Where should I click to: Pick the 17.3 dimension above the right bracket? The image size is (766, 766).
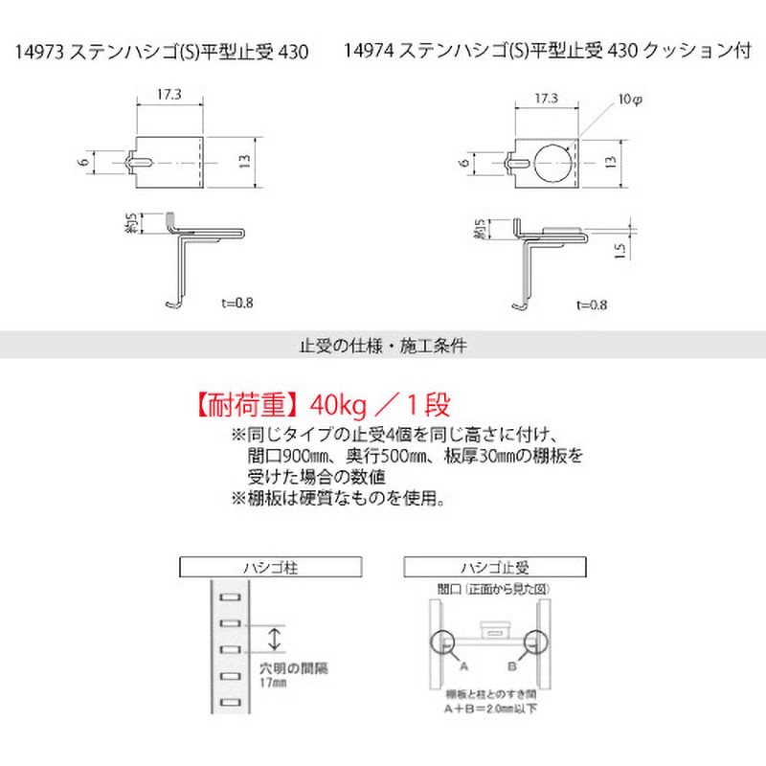click(547, 98)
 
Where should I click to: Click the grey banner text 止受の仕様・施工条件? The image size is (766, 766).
click(383, 345)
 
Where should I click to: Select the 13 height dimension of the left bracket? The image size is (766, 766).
click(247, 164)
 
